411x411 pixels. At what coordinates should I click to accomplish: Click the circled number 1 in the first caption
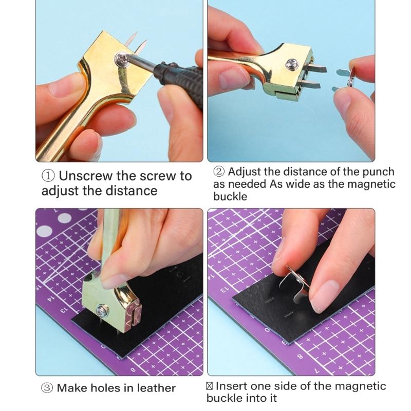47,176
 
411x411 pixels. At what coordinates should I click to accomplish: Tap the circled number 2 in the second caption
219,172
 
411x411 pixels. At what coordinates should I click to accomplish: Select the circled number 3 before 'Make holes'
47,388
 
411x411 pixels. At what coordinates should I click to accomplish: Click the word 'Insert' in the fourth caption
232,386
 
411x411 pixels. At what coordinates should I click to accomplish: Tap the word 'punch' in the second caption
377,172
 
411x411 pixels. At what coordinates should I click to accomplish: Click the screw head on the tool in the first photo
123,58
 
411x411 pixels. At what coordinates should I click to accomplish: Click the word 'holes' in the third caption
107,388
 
